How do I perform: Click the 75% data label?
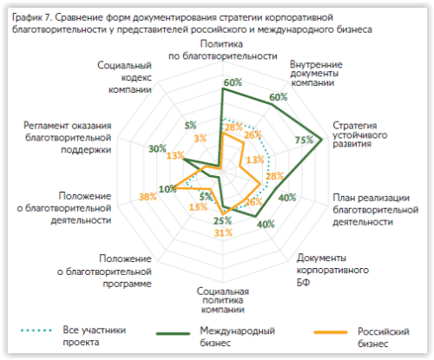click(304, 140)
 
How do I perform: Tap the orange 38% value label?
click(148, 197)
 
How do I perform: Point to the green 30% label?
click(157, 149)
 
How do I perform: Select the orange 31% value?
click(223, 232)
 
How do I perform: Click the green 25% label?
click(222, 221)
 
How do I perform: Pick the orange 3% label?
click(201, 138)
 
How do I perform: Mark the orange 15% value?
click(198, 207)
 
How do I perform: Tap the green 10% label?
click(168, 189)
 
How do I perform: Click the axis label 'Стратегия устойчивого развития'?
click(359, 134)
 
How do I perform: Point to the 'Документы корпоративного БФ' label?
click(332, 270)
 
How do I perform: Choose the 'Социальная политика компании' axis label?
click(223, 300)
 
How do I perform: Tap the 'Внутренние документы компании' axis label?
click(316, 74)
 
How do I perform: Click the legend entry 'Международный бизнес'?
click(237, 337)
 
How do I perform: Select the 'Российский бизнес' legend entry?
click(384, 337)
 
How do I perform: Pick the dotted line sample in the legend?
click(36, 331)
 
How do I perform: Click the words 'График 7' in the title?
click(31, 18)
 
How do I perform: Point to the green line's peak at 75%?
click(322, 140)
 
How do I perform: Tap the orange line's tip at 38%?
click(175, 188)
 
